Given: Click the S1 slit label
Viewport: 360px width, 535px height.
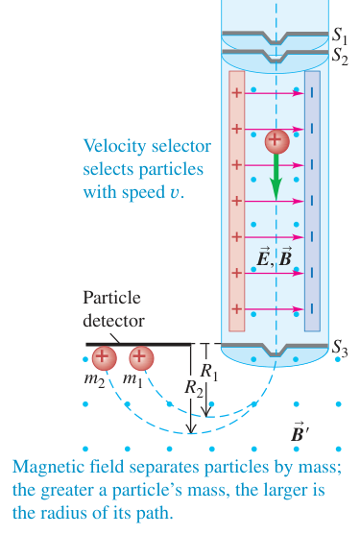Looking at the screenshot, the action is [340, 36].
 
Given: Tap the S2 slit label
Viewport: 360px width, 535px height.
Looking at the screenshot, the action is [340, 56].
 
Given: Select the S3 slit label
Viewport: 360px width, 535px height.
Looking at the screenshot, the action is [340, 349].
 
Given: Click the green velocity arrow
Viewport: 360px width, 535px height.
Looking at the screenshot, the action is [276, 177].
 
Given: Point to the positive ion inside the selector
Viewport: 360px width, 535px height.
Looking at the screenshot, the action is [276, 141].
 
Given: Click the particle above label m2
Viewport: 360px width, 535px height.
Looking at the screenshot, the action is [105, 358].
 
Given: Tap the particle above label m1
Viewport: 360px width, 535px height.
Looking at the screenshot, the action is [141, 358].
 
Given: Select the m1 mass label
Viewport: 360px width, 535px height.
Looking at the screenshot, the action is [132, 379].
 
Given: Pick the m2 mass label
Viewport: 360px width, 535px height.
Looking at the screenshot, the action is [94, 379].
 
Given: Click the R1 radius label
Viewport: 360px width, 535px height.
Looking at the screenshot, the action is [208, 372].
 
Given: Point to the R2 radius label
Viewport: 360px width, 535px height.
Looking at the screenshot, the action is [194, 388].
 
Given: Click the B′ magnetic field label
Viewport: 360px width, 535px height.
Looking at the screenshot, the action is [300, 432].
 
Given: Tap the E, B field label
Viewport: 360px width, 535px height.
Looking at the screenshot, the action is [275, 256].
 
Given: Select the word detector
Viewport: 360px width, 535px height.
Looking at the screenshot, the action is [113, 321].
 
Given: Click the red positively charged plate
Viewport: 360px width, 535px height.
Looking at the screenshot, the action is [236, 201].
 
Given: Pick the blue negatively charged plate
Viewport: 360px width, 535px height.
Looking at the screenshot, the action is [312, 201].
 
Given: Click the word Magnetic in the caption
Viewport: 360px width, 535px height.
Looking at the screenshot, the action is [50, 467].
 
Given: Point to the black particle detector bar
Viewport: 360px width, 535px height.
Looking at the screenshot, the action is [138, 344].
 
